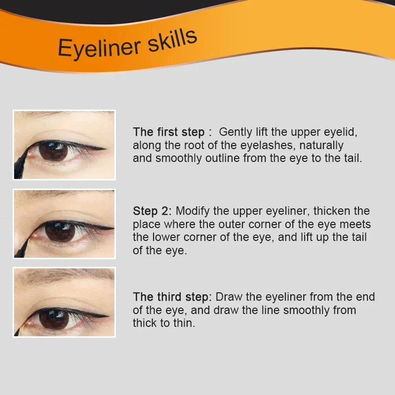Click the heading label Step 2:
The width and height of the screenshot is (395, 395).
tap(152, 211)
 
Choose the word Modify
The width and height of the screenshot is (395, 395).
tap(193, 211)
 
